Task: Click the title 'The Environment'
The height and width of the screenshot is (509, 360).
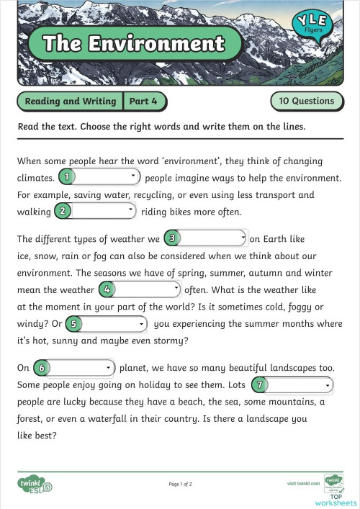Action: click(x=134, y=43)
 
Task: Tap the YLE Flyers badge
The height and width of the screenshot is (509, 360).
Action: click(x=313, y=31)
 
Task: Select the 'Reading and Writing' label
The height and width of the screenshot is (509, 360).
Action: click(x=71, y=101)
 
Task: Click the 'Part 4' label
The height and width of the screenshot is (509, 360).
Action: click(x=143, y=101)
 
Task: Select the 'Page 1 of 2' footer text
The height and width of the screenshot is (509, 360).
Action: click(x=180, y=484)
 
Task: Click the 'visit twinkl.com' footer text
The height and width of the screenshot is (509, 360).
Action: click(x=302, y=484)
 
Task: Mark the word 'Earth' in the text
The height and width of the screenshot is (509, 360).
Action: click(x=279, y=238)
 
